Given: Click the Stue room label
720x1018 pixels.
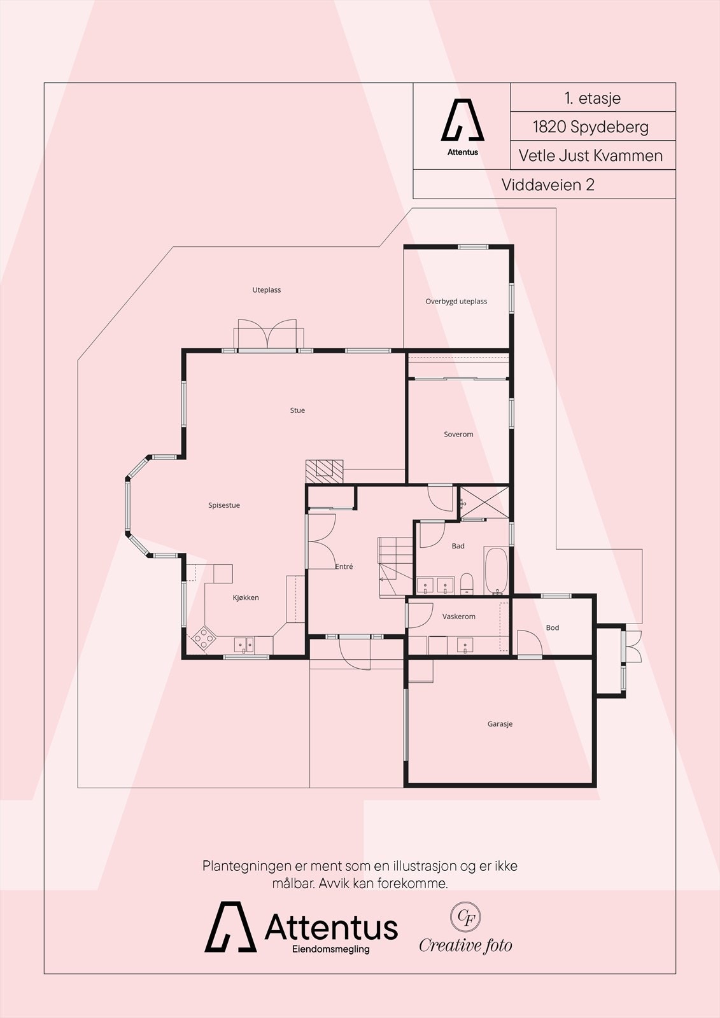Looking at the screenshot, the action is click(297, 410).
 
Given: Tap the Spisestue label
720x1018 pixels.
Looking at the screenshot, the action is click(224, 505).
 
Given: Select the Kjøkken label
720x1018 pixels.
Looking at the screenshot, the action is click(246, 597).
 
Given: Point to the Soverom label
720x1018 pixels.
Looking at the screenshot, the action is click(458, 435).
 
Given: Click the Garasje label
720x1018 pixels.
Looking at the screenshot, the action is click(500, 724).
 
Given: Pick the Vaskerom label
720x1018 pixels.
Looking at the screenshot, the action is click(458, 617).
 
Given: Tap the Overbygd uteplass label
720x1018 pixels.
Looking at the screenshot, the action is click(456, 302).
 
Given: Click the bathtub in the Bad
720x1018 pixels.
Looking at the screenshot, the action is click(496, 571).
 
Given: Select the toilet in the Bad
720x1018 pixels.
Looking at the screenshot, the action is click(467, 585).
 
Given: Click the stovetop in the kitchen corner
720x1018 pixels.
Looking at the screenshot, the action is click(204, 639).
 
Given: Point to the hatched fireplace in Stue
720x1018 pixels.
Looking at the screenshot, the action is click(324, 471).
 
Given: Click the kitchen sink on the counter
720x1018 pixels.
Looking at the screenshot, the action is click(244, 645).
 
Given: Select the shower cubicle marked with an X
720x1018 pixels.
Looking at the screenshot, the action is click(484, 502).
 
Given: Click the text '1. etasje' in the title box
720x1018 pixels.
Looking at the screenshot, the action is click(593, 98).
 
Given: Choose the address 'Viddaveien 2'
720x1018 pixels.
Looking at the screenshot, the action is click(547, 185).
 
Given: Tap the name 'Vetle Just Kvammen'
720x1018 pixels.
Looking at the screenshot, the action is click(590, 155).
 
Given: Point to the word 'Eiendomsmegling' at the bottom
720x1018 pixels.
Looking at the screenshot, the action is click(330, 949).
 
